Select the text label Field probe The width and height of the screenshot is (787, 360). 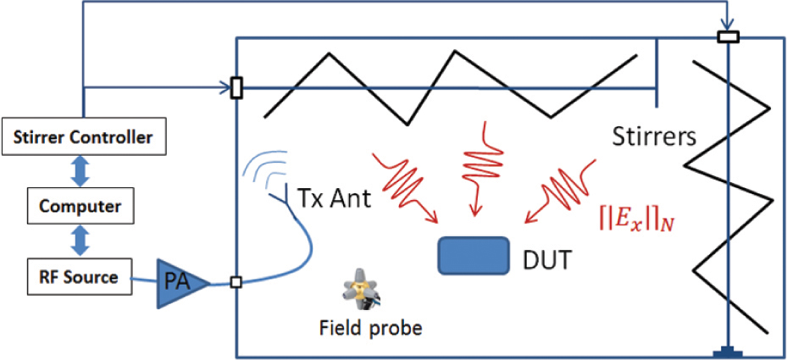point(369,329)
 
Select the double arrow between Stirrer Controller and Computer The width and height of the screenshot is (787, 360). point(80,170)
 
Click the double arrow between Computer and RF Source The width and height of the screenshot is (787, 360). point(80,241)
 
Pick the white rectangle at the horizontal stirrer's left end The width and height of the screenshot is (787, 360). point(236,86)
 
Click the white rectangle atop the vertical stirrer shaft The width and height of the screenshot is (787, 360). point(729,37)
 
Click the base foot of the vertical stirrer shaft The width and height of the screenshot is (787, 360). point(729,352)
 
